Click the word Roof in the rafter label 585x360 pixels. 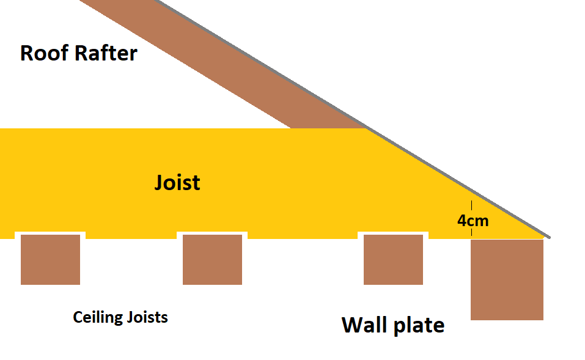pyautogui.click(x=45, y=53)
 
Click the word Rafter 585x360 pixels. pyautogui.click(x=106, y=53)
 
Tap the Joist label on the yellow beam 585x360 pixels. pyautogui.click(x=177, y=182)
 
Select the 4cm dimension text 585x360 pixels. pyautogui.click(x=473, y=221)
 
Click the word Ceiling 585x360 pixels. pyautogui.click(x=98, y=317)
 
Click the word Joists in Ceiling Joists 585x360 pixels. pyautogui.click(x=147, y=317)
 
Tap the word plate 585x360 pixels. pyautogui.click(x=419, y=326)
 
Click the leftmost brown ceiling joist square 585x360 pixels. pyautogui.click(x=50, y=260)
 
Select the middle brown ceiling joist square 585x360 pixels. pyautogui.click(x=212, y=260)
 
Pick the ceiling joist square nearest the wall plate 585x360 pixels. pyautogui.click(x=393, y=260)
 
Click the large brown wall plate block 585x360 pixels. pyautogui.click(x=507, y=280)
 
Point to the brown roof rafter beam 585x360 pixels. pyautogui.click(x=223, y=64)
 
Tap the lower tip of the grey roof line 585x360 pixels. pyautogui.click(x=549, y=237)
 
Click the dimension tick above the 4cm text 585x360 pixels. pyautogui.click(x=471, y=205)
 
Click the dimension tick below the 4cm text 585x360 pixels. pyautogui.click(x=471, y=232)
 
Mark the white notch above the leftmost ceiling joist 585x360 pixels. pyautogui.click(x=50, y=233)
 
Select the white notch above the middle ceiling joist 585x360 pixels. pyautogui.click(x=212, y=233)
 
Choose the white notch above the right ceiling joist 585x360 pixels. pyautogui.click(x=393, y=233)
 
